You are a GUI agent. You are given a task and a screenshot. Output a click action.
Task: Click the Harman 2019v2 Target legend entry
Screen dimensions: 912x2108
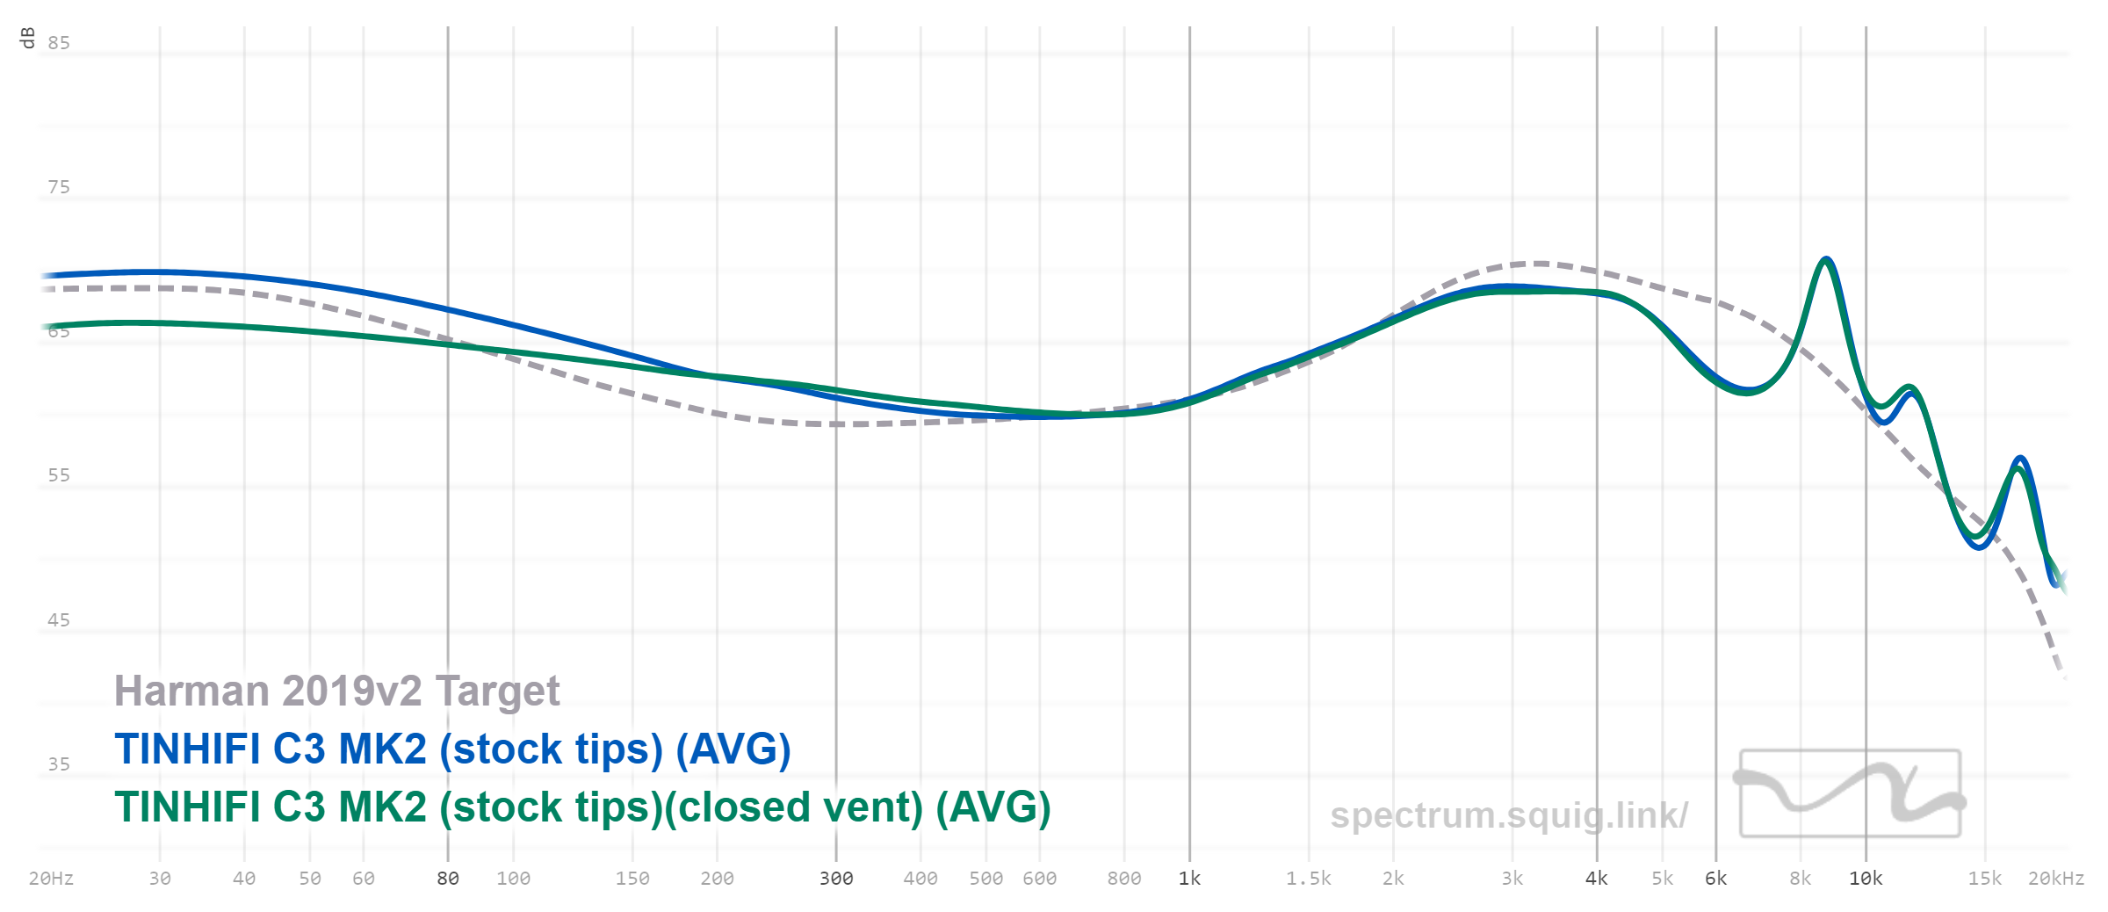pos(336,691)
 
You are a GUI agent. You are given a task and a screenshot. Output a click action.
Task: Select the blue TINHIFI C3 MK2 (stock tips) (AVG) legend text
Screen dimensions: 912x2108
pos(452,749)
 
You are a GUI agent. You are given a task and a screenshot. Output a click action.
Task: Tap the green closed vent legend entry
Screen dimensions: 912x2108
pos(582,807)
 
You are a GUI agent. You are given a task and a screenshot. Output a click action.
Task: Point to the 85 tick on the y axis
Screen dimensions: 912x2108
pos(59,43)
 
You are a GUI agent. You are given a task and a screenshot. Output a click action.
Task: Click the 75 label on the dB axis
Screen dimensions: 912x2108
pos(59,187)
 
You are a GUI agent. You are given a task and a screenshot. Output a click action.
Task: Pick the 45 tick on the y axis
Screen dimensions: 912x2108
pos(59,620)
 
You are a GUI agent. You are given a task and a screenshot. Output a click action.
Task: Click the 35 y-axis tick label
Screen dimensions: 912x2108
pos(59,764)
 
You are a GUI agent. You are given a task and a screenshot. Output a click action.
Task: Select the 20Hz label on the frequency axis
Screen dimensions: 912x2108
pos(51,879)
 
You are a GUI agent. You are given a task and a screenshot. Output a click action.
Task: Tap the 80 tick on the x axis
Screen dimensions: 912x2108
pos(448,879)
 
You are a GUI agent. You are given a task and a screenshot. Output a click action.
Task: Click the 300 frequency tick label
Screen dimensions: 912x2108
pos(836,879)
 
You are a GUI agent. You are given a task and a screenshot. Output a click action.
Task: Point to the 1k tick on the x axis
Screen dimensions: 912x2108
pos(1189,879)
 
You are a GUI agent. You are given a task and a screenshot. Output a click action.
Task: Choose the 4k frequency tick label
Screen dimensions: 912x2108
pos(1596,879)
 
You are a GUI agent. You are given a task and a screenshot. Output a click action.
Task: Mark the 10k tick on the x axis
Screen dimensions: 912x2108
pos(1866,879)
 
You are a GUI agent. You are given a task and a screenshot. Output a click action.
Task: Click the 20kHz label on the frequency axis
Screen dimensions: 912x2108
pos(2055,879)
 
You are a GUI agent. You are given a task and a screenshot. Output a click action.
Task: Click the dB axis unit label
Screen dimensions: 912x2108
pos(27,38)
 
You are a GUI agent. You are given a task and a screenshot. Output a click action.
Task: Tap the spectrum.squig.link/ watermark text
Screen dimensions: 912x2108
pos(1508,815)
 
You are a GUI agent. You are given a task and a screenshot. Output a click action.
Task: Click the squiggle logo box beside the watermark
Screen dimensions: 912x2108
pos(1850,793)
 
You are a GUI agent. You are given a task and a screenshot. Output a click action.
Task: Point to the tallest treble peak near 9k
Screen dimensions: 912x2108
pos(1826,259)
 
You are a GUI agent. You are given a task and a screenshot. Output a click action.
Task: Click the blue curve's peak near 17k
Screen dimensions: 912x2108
pos(2020,459)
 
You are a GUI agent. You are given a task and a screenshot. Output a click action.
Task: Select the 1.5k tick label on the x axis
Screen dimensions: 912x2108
pos(1308,879)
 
